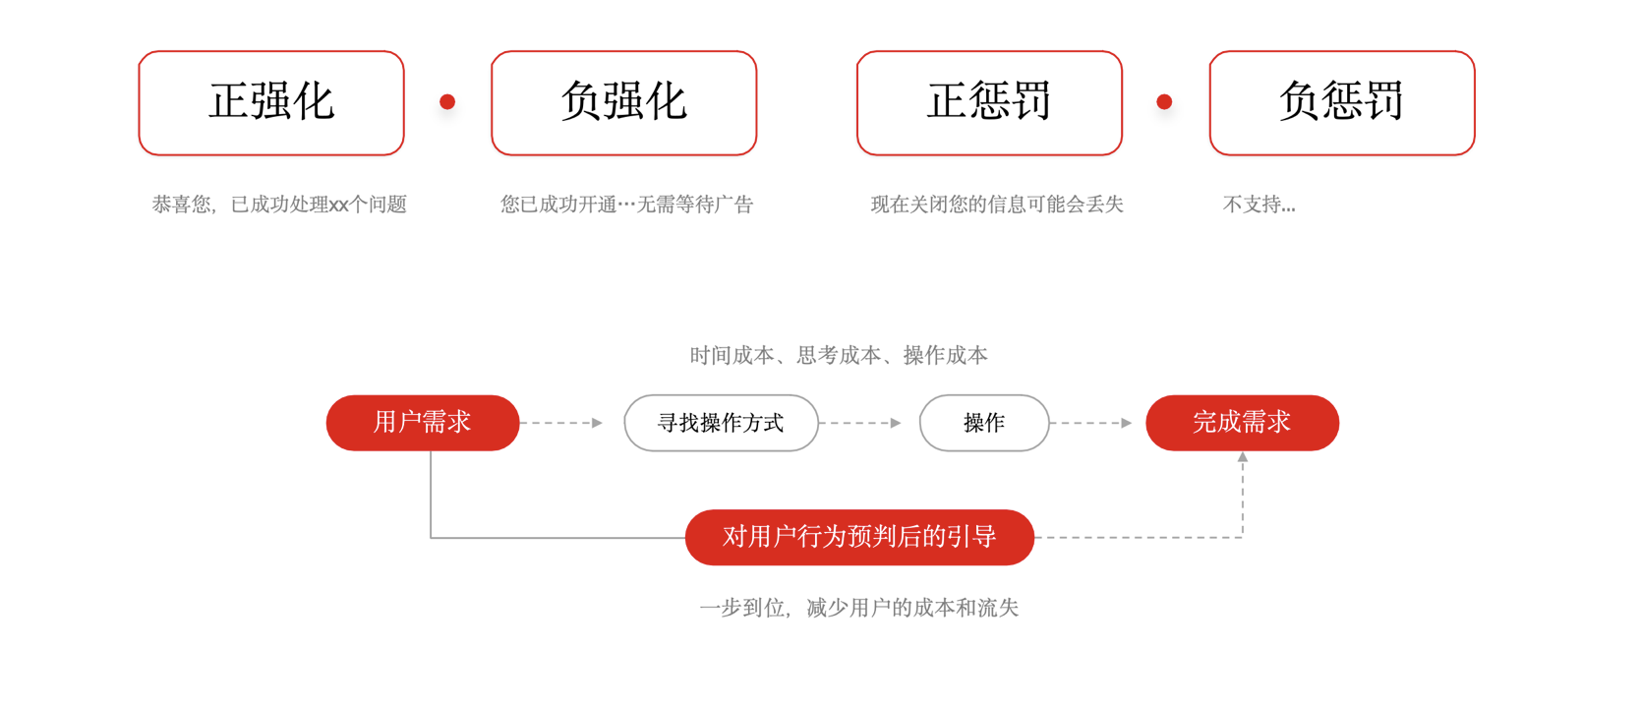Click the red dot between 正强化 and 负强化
pyautogui.click(x=447, y=101)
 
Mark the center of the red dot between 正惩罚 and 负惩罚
pyautogui.click(x=1164, y=101)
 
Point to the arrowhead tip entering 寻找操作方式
pyautogui.click(x=603, y=423)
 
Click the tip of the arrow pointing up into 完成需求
pyautogui.click(x=1243, y=451)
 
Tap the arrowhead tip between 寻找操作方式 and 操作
pyautogui.click(x=902, y=423)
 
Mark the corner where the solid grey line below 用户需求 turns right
pyautogui.click(x=431, y=538)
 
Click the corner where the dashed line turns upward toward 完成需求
pyautogui.click(x=1243, y=538)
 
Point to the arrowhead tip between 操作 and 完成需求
pyautogui.click(x=1132, y=423)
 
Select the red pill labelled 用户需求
pyautogui.click(x=423, y=423)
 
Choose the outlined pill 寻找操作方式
pyautogui.click(x=721, y=423)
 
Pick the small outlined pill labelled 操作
pyautogui.click(x=984, y=423)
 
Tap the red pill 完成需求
pyautogui.click(x=1243, y=423)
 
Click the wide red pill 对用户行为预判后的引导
pyautogui.click(x=859, y=538)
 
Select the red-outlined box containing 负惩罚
pyautogui.click(x=1342, y=102)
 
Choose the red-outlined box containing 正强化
pyautogui.click(x=271, y=102)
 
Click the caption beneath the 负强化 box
pyautogui.click(x=626, y=205)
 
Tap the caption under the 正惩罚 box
pyautogui.click(x=996, y=205)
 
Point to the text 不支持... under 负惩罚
pyautogui.click(x=1259, y=205)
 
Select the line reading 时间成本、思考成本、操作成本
pyautogui.click(x=839, y=356)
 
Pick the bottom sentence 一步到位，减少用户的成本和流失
pyautogui.click(x=858, y=608)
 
